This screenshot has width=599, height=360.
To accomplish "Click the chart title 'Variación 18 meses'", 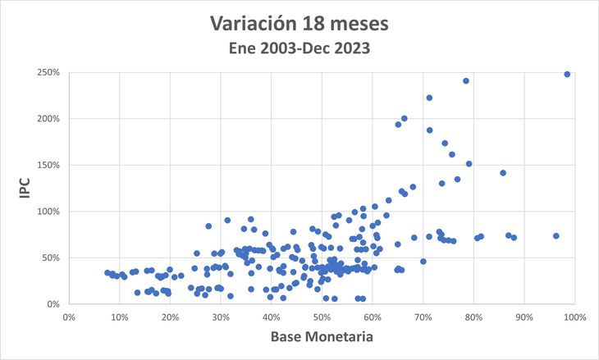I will point(299,24).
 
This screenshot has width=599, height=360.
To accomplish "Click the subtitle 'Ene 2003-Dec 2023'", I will point(299,48).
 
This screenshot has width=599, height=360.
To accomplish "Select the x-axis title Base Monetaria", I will point(322,338).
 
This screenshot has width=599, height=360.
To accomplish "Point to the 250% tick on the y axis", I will point(47,72).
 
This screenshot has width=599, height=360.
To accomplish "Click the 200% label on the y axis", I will point(47,119).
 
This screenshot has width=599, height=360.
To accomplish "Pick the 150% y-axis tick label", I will point(47,165).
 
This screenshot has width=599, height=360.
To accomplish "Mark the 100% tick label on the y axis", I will point(47,212).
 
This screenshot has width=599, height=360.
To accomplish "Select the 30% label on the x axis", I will point(221,317).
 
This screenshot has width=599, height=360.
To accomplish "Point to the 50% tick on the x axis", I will point(322,317).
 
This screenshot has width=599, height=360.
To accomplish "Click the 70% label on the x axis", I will point(423,317).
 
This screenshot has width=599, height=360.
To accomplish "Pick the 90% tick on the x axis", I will point(524,317).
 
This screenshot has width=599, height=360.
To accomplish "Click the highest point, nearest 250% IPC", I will point(567,74).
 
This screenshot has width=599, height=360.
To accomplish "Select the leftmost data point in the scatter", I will point(107,273).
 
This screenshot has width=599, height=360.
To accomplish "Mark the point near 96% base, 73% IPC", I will point(556,236).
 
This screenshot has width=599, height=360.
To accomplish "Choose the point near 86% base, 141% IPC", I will point(503,173).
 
